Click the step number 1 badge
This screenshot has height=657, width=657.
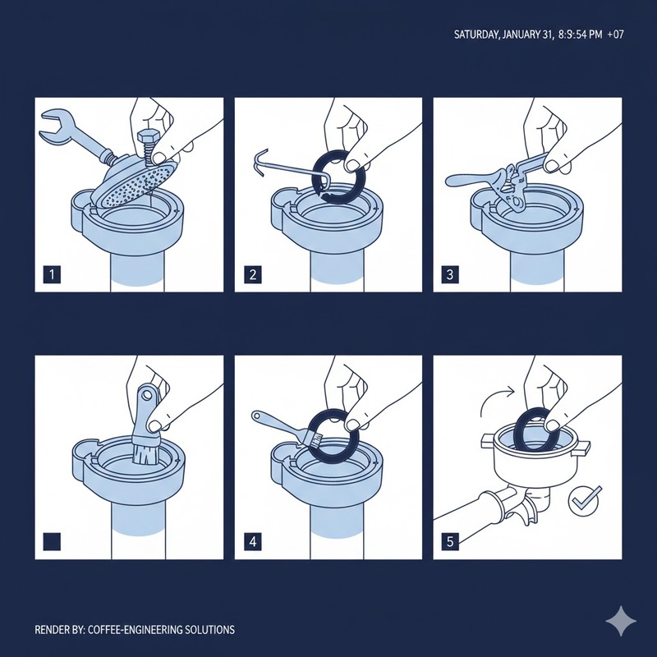coord(52,275)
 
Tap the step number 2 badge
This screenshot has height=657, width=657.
coord(253,275)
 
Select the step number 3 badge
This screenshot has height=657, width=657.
coord(450,275)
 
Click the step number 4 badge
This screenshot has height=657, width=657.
coord(253,541)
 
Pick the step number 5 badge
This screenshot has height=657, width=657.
coord(450,541)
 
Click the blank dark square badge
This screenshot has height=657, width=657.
coord(52,541)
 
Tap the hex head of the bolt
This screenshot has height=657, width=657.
coord(147,137)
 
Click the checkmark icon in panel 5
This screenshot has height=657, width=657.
coord(585,500)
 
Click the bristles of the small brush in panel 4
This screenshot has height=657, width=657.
coord(315,441)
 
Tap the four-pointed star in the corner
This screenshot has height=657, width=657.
coord(621,621)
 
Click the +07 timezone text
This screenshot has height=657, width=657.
coord(615,34)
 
